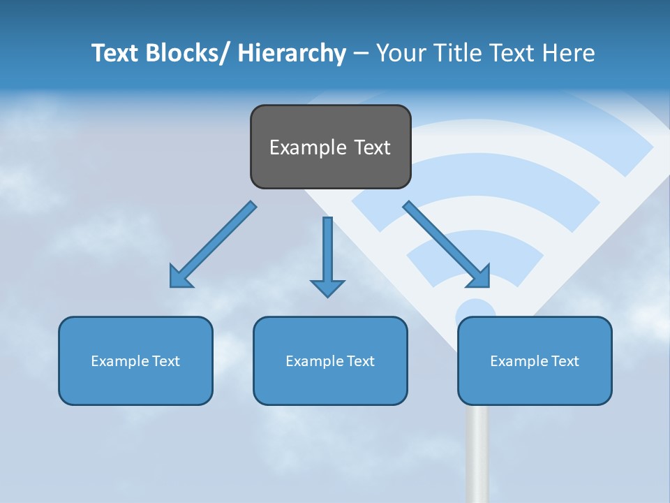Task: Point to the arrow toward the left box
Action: tap(212, 245)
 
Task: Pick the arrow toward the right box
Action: tap(447, 245)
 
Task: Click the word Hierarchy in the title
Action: tap(292, 54)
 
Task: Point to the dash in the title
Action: tap(360, 54)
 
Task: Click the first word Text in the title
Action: tap(114, 54)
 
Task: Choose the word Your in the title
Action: tap(398, 54)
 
